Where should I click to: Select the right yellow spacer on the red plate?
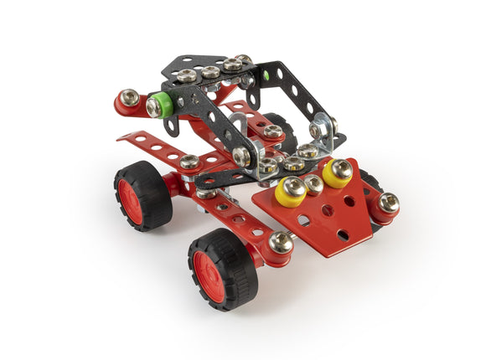click(x=338, y=172)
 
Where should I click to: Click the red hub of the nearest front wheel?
click(x=209, y=275)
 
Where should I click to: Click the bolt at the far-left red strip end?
click(x=128, y=100)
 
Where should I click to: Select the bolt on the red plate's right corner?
click(x=387, y=203)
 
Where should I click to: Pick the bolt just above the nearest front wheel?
click(x=281, y=243)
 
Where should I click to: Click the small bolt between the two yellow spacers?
click(x=313, y=183)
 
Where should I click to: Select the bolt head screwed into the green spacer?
click(x=154, y=107)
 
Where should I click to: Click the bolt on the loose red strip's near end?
click(x=189, y=162)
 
